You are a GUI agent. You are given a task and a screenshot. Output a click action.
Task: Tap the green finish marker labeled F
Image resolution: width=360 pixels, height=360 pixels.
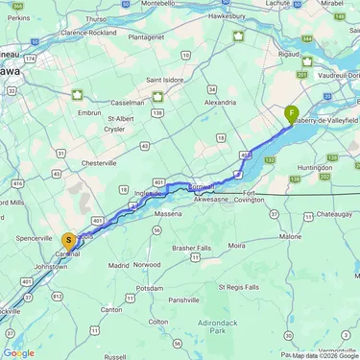click(291, 113)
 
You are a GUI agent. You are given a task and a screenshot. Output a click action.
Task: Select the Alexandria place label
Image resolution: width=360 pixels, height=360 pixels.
click(220, 101)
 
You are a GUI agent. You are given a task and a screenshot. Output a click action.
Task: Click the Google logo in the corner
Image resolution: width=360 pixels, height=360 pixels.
click(18, 352)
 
